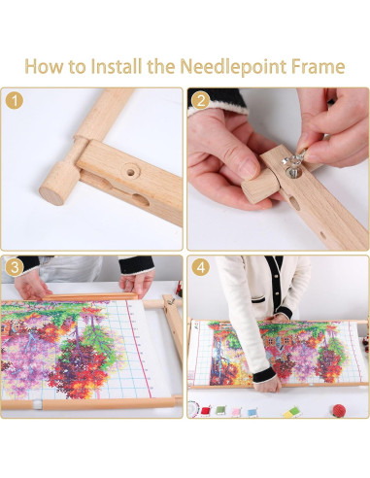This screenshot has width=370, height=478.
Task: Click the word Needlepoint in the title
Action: click(233, 66)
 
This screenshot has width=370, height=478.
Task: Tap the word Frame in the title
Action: click(319, 66)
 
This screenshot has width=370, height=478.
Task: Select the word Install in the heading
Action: click(117, 66)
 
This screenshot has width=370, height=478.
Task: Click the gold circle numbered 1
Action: click(15, 100)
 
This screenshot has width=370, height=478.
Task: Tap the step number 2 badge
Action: click(200, 101)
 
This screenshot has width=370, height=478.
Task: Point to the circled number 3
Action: click(15, 267)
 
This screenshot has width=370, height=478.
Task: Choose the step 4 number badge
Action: click(201, 267)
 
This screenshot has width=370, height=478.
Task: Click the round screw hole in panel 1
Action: click(130, 172)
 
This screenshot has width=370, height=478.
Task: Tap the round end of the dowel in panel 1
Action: click(51, 194)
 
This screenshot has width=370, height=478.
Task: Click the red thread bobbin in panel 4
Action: click(206, 411)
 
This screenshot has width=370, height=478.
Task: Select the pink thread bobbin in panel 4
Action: click(235, 412)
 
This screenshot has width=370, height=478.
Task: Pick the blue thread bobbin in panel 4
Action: click(252, 412)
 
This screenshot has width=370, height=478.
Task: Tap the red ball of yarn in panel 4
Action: click(339, 410)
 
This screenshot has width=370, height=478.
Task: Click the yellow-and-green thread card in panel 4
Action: click(291, 411)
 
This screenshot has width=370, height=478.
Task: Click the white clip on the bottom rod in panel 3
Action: click(37, 404)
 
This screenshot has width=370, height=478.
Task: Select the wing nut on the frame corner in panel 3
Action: click(171, 302)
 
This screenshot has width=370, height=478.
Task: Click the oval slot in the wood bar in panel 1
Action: click(141, 199)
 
